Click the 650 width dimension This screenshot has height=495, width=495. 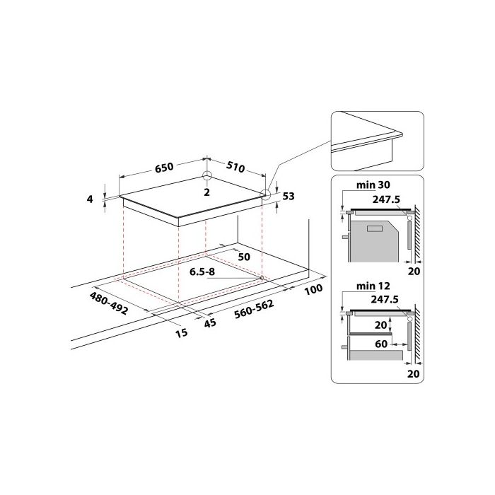pos(164,167)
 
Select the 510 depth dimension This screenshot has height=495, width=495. pos(235,167)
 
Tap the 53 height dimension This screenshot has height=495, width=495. pos(289,197)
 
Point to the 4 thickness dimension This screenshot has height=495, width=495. pos(91,199)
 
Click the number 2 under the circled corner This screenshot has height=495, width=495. pos(206,192)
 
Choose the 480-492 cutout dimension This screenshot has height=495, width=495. pos(109,303)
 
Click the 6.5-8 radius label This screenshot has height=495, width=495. pos(202,272)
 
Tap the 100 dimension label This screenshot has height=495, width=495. pos(313,289)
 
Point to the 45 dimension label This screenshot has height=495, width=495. pos(209,322)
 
